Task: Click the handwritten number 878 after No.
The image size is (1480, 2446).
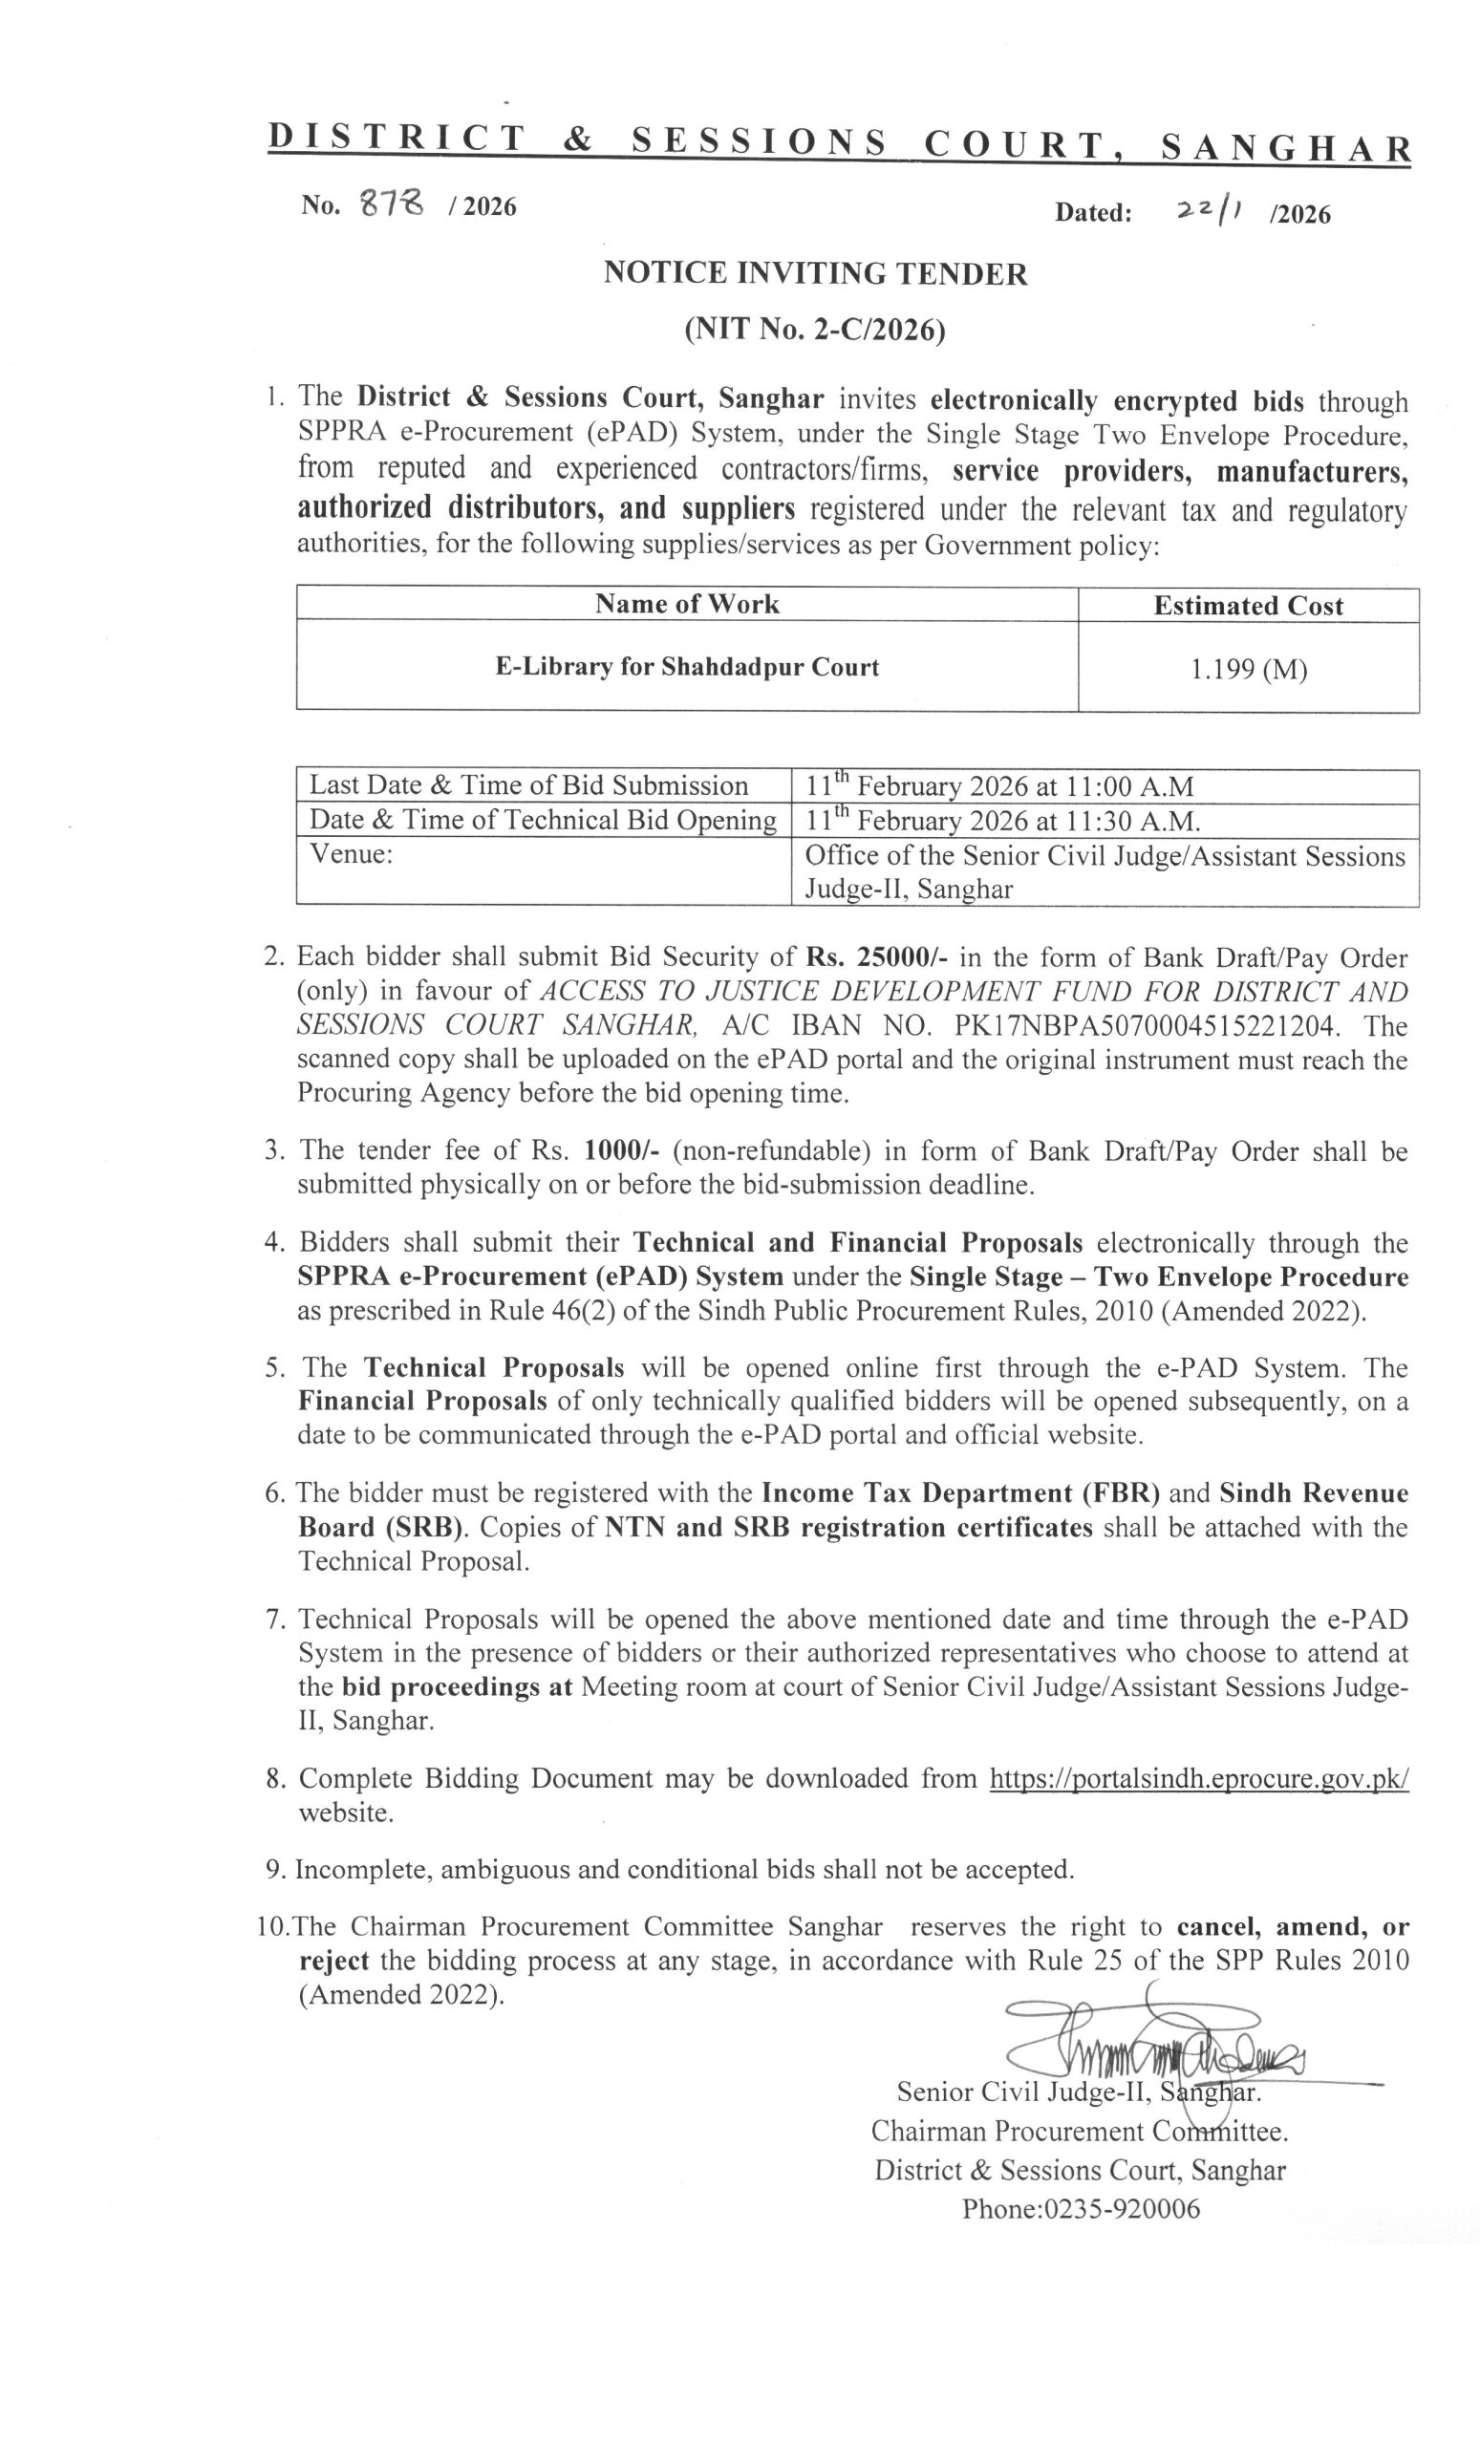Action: coord(392,204)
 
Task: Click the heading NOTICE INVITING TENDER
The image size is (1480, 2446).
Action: coord(815,273)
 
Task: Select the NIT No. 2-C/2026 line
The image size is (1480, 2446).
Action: coord(815,330)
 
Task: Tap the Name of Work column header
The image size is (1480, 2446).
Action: coord(687,605)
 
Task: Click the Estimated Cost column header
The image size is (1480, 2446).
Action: coord(1248,606)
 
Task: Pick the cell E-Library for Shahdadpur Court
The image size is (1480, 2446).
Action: coord(687,666)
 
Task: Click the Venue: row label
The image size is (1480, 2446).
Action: coord(352,855)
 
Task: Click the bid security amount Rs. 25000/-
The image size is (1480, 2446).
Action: coord(877,957)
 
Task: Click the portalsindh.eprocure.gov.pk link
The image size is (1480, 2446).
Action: coord(1199,1778)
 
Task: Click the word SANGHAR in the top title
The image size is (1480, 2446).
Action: coord(1285,149)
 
